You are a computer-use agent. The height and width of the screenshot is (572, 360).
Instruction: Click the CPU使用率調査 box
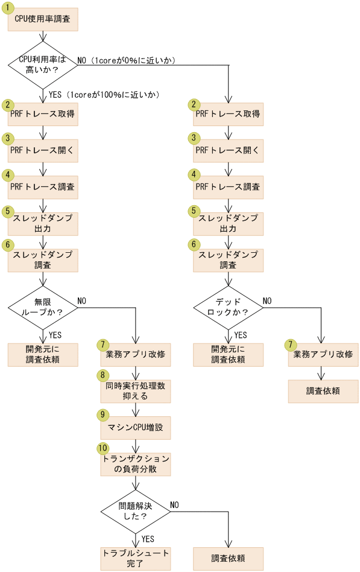[43, 19]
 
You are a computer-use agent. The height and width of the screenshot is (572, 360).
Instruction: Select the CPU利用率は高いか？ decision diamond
[43, 65]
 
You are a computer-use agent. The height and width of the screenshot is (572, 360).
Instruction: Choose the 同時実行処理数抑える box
[136, 391]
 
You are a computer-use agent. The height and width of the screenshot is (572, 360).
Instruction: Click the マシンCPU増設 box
[136, 428]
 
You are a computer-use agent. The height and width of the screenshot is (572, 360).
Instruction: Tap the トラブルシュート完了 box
[136, 558]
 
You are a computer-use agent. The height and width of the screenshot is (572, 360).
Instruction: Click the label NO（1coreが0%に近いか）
[126, 60]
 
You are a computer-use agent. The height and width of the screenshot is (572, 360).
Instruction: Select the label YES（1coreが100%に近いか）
[104, 95]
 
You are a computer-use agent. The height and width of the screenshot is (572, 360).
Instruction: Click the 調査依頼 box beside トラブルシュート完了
[229, 558]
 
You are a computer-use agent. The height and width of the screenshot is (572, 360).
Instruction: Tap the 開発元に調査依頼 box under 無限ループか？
[43, 355]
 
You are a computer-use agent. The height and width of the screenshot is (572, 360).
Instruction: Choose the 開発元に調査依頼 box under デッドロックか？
[229, 355]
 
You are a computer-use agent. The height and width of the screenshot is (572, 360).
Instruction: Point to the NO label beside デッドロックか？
[267, 300]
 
